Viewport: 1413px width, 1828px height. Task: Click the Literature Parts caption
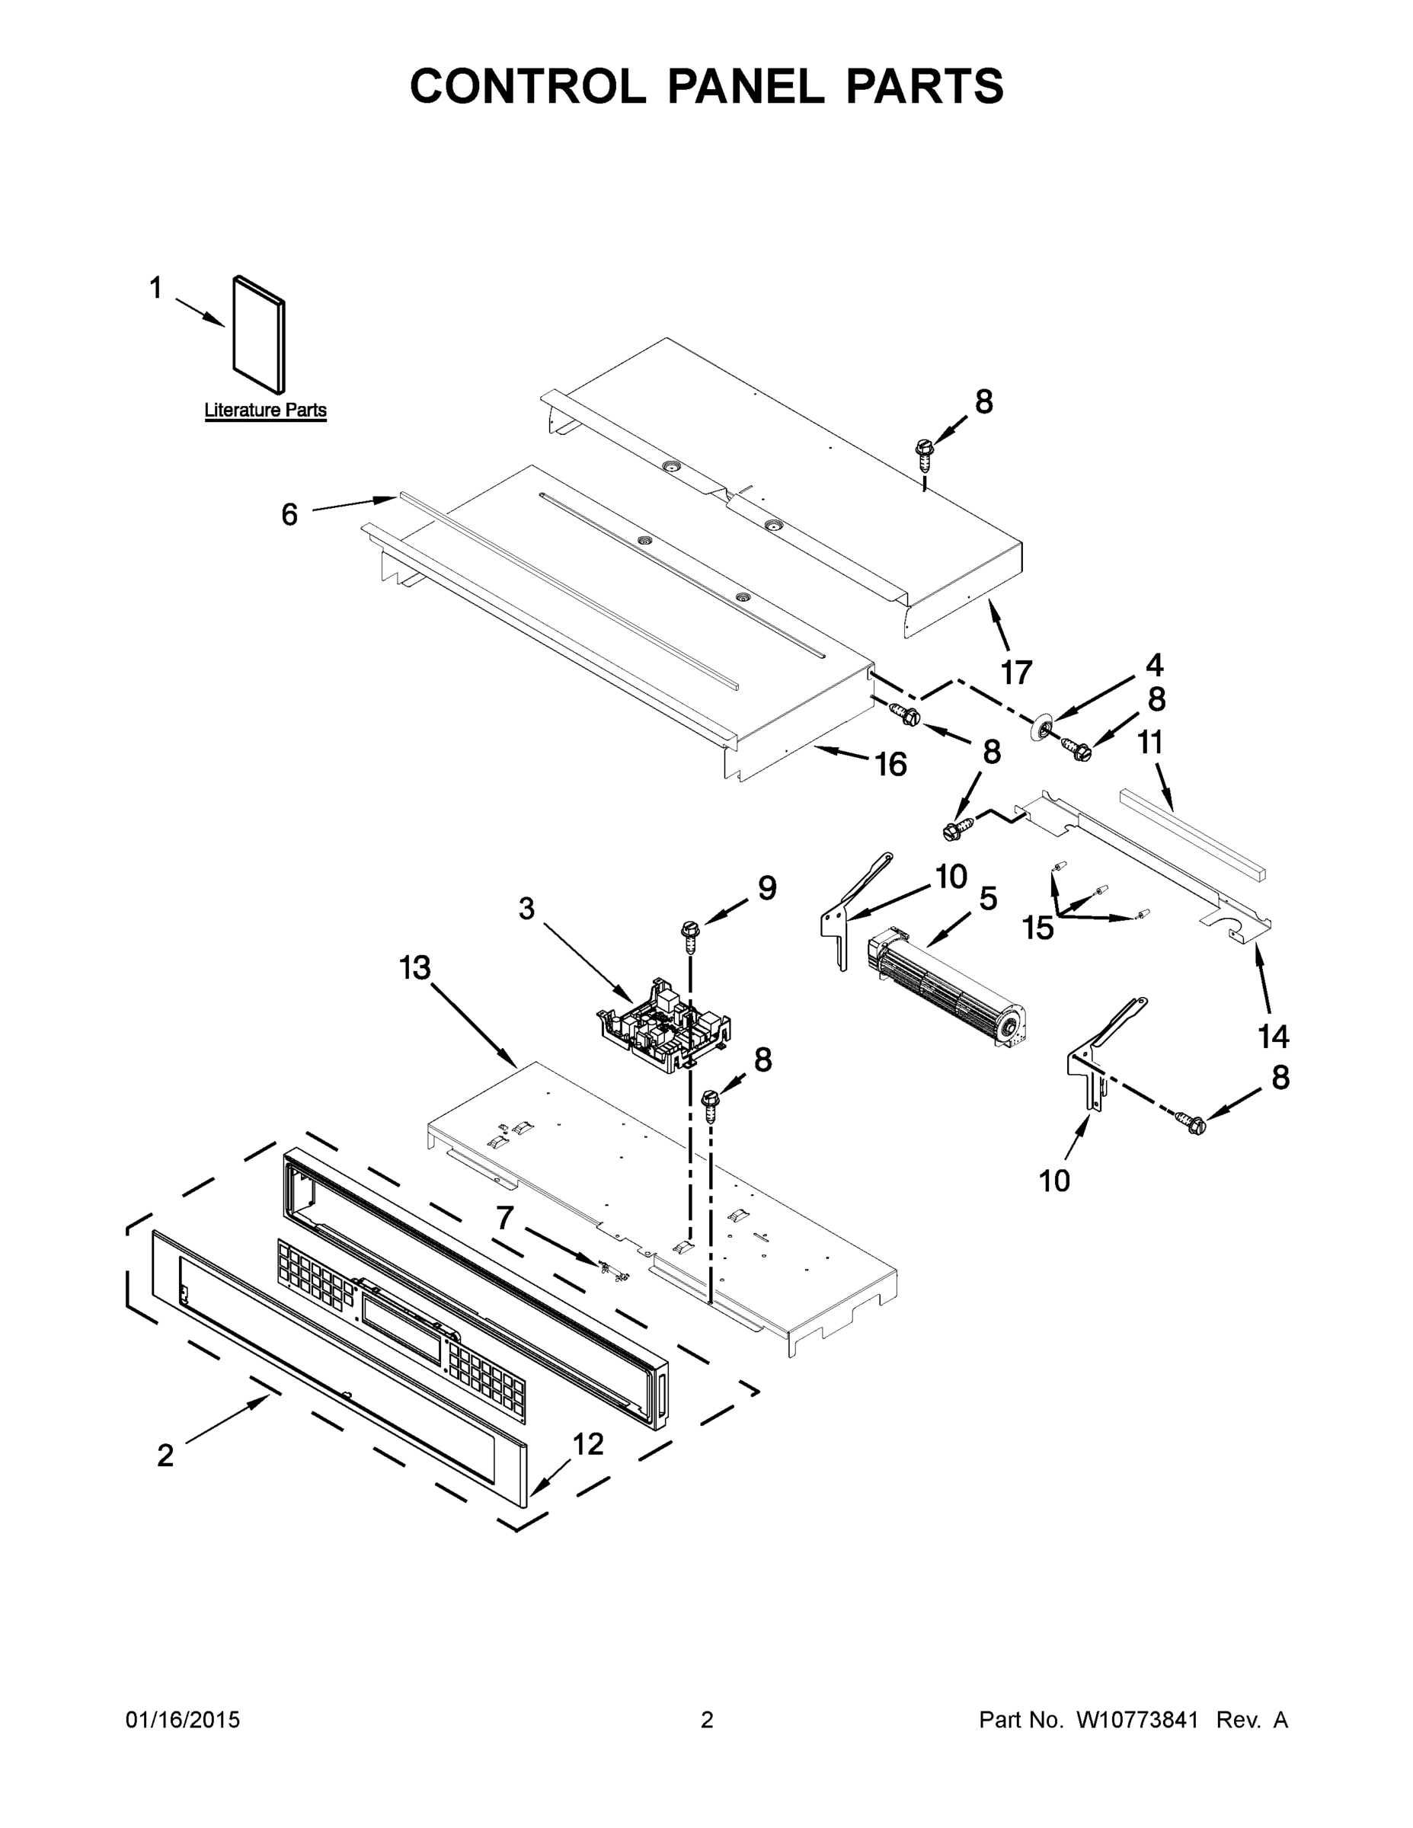pos(265,410)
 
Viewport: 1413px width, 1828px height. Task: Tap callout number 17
pos(1016,672)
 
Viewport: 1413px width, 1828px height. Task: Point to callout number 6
pos(289,514)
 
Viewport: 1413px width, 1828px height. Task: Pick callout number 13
pos(414,968)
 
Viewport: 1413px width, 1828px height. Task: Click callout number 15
pos(1038,928)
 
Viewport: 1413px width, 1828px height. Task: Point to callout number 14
pos(1273,1036)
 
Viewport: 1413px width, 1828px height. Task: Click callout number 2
pos(166,1456)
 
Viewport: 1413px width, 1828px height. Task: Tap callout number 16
pos(890,763)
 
